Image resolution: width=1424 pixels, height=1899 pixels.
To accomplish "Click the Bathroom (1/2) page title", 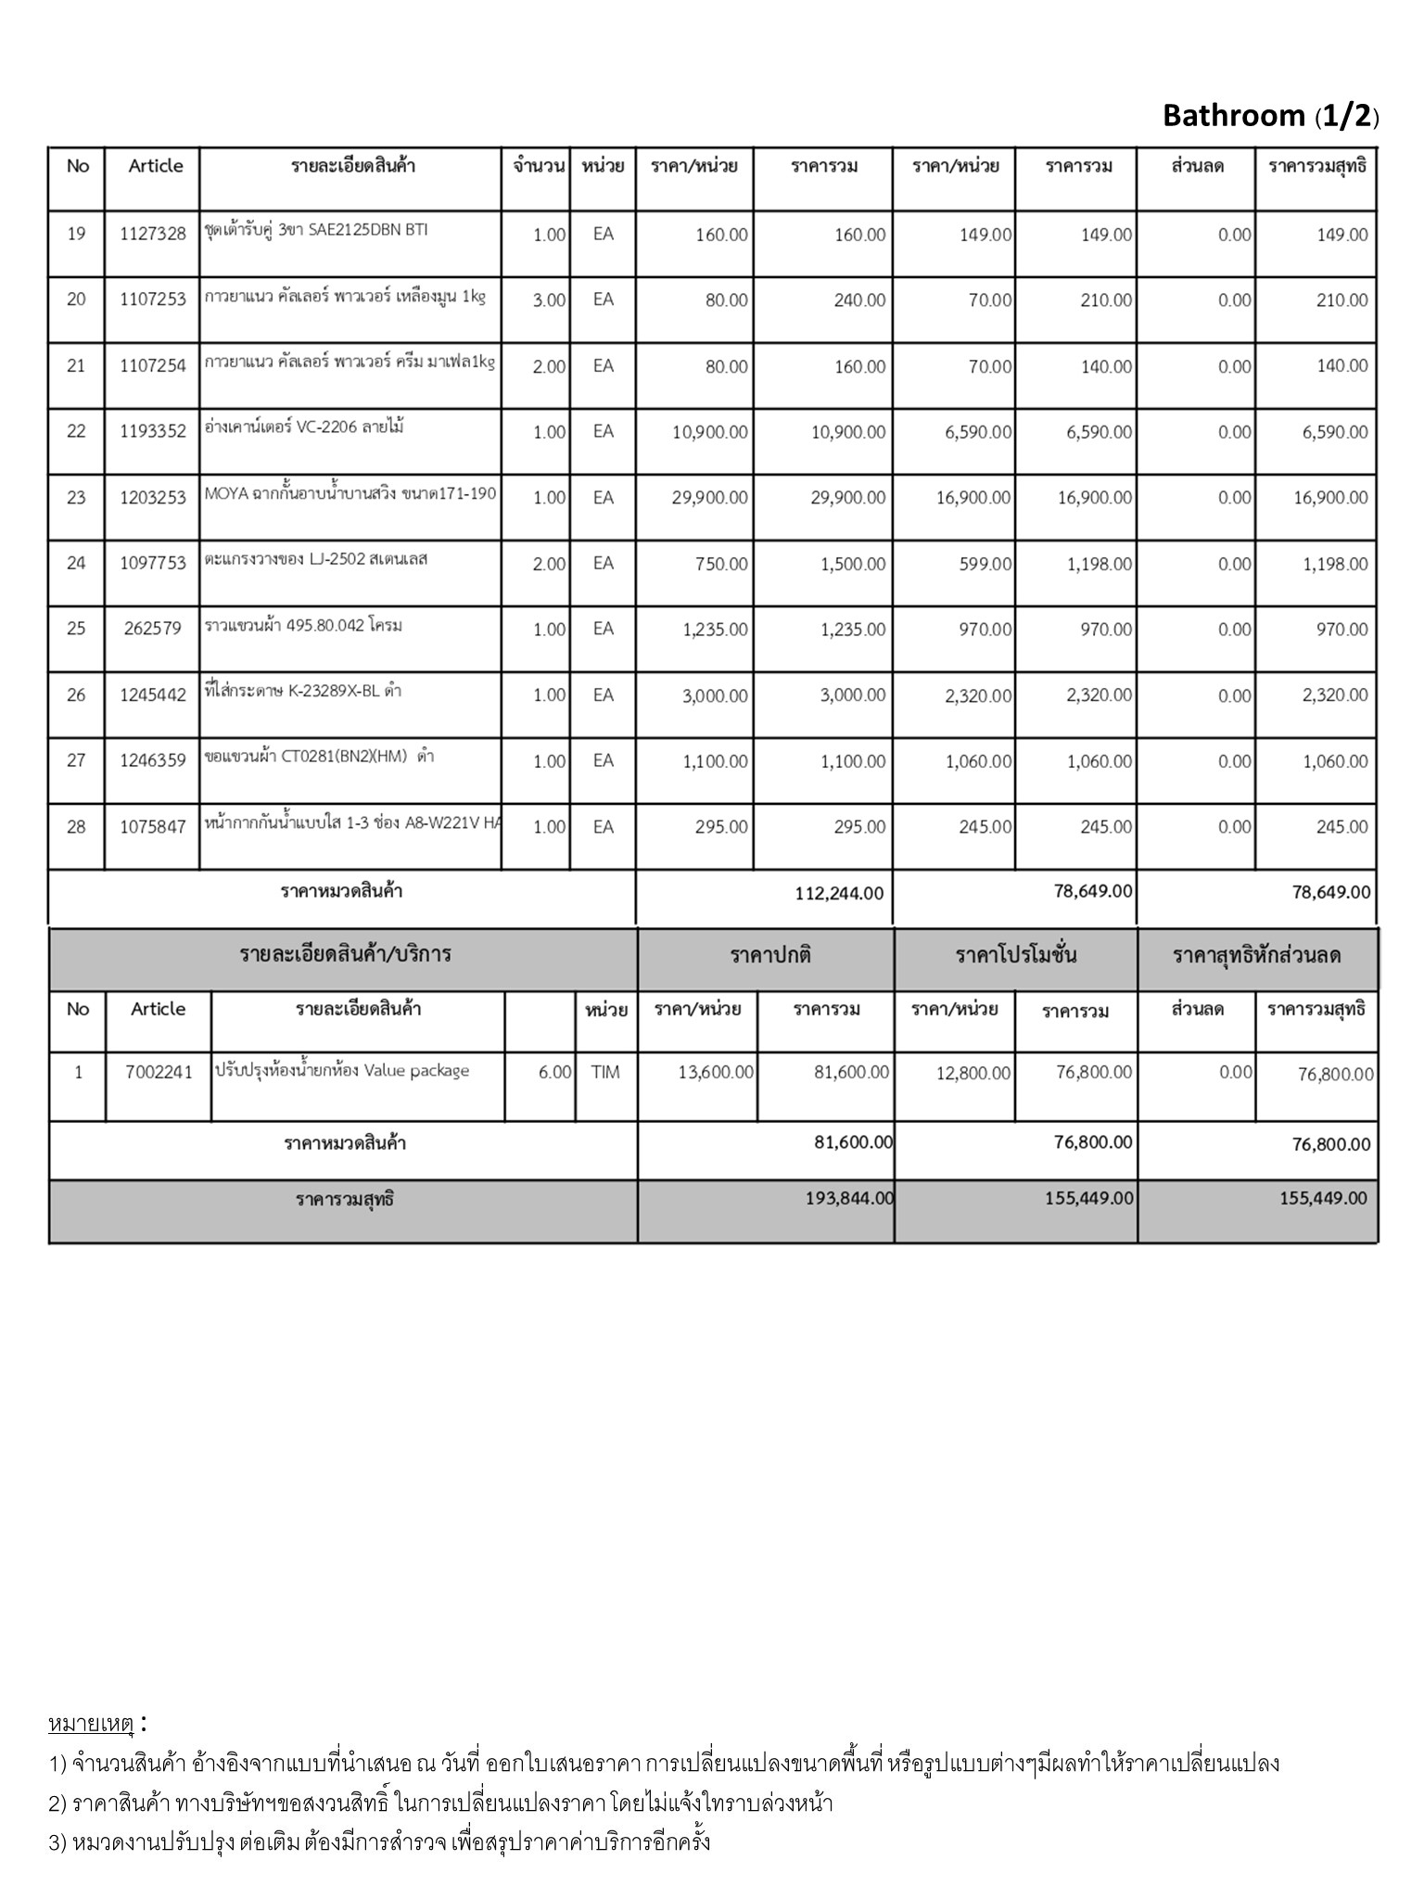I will tap(1270, 116).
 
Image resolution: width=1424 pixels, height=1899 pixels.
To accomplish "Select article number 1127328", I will tap(153, 234).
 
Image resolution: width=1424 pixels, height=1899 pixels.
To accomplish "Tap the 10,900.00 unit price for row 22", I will tap(709, 432).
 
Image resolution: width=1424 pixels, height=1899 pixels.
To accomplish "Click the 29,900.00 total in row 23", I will tap(847, 498).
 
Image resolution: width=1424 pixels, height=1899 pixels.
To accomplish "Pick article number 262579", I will tap(153, 630).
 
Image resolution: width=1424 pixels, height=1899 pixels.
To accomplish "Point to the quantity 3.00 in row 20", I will tap(549, 300).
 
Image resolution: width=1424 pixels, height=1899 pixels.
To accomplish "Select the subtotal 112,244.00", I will tap(839, 893).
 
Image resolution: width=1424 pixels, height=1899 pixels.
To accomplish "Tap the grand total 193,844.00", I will tap(849, 1198).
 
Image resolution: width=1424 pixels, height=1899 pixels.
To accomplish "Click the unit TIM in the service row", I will tap(604, 1073).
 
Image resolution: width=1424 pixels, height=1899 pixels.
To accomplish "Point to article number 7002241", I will tap(159, 1073).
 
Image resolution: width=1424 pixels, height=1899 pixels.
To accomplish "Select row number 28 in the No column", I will tap(76, 827).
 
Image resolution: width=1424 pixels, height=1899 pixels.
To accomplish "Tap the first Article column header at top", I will tap(155, 166).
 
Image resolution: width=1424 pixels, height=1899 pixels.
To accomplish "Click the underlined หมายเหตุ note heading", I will tap(91, 1725).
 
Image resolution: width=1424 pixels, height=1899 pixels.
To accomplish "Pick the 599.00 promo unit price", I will tap(985, 564).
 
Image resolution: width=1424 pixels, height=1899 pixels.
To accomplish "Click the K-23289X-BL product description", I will tap(303, 691).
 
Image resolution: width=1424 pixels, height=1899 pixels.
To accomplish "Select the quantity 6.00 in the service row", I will tap(554, 1073).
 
